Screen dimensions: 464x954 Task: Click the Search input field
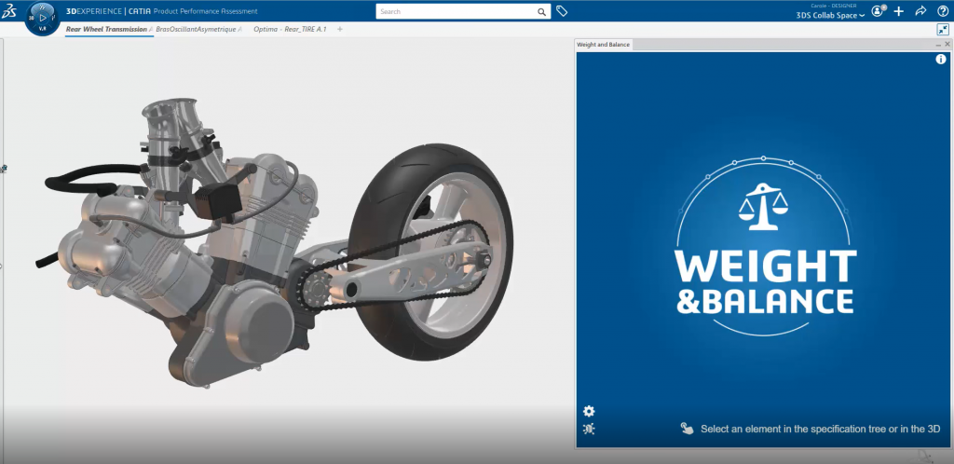(x=457, y=12)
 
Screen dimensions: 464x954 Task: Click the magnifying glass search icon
(x=542, y=12)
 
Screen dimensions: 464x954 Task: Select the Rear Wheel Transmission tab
(x=106, y=29)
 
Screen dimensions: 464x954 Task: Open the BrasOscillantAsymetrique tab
(x=196, y=29)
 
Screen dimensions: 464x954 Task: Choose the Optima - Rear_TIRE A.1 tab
(x=290, y=29)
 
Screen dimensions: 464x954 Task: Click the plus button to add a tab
(x=340, y=29)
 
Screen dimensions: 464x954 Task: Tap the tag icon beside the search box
(x=562, y=11)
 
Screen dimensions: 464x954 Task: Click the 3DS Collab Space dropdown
(x=830, y=15)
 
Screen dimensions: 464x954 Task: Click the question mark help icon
(x=942, y=11)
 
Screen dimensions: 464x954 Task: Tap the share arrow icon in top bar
(x=920, y=11)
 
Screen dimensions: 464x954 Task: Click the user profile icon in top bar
(x=877, y=11)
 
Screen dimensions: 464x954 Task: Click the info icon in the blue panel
(x=940, y=60)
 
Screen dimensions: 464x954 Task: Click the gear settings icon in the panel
(x=588, y=411)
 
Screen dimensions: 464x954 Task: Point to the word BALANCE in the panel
(x=781, y=301)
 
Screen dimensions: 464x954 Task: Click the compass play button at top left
(x=43, y=18)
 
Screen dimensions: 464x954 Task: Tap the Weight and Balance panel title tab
(x=603, y=44)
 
